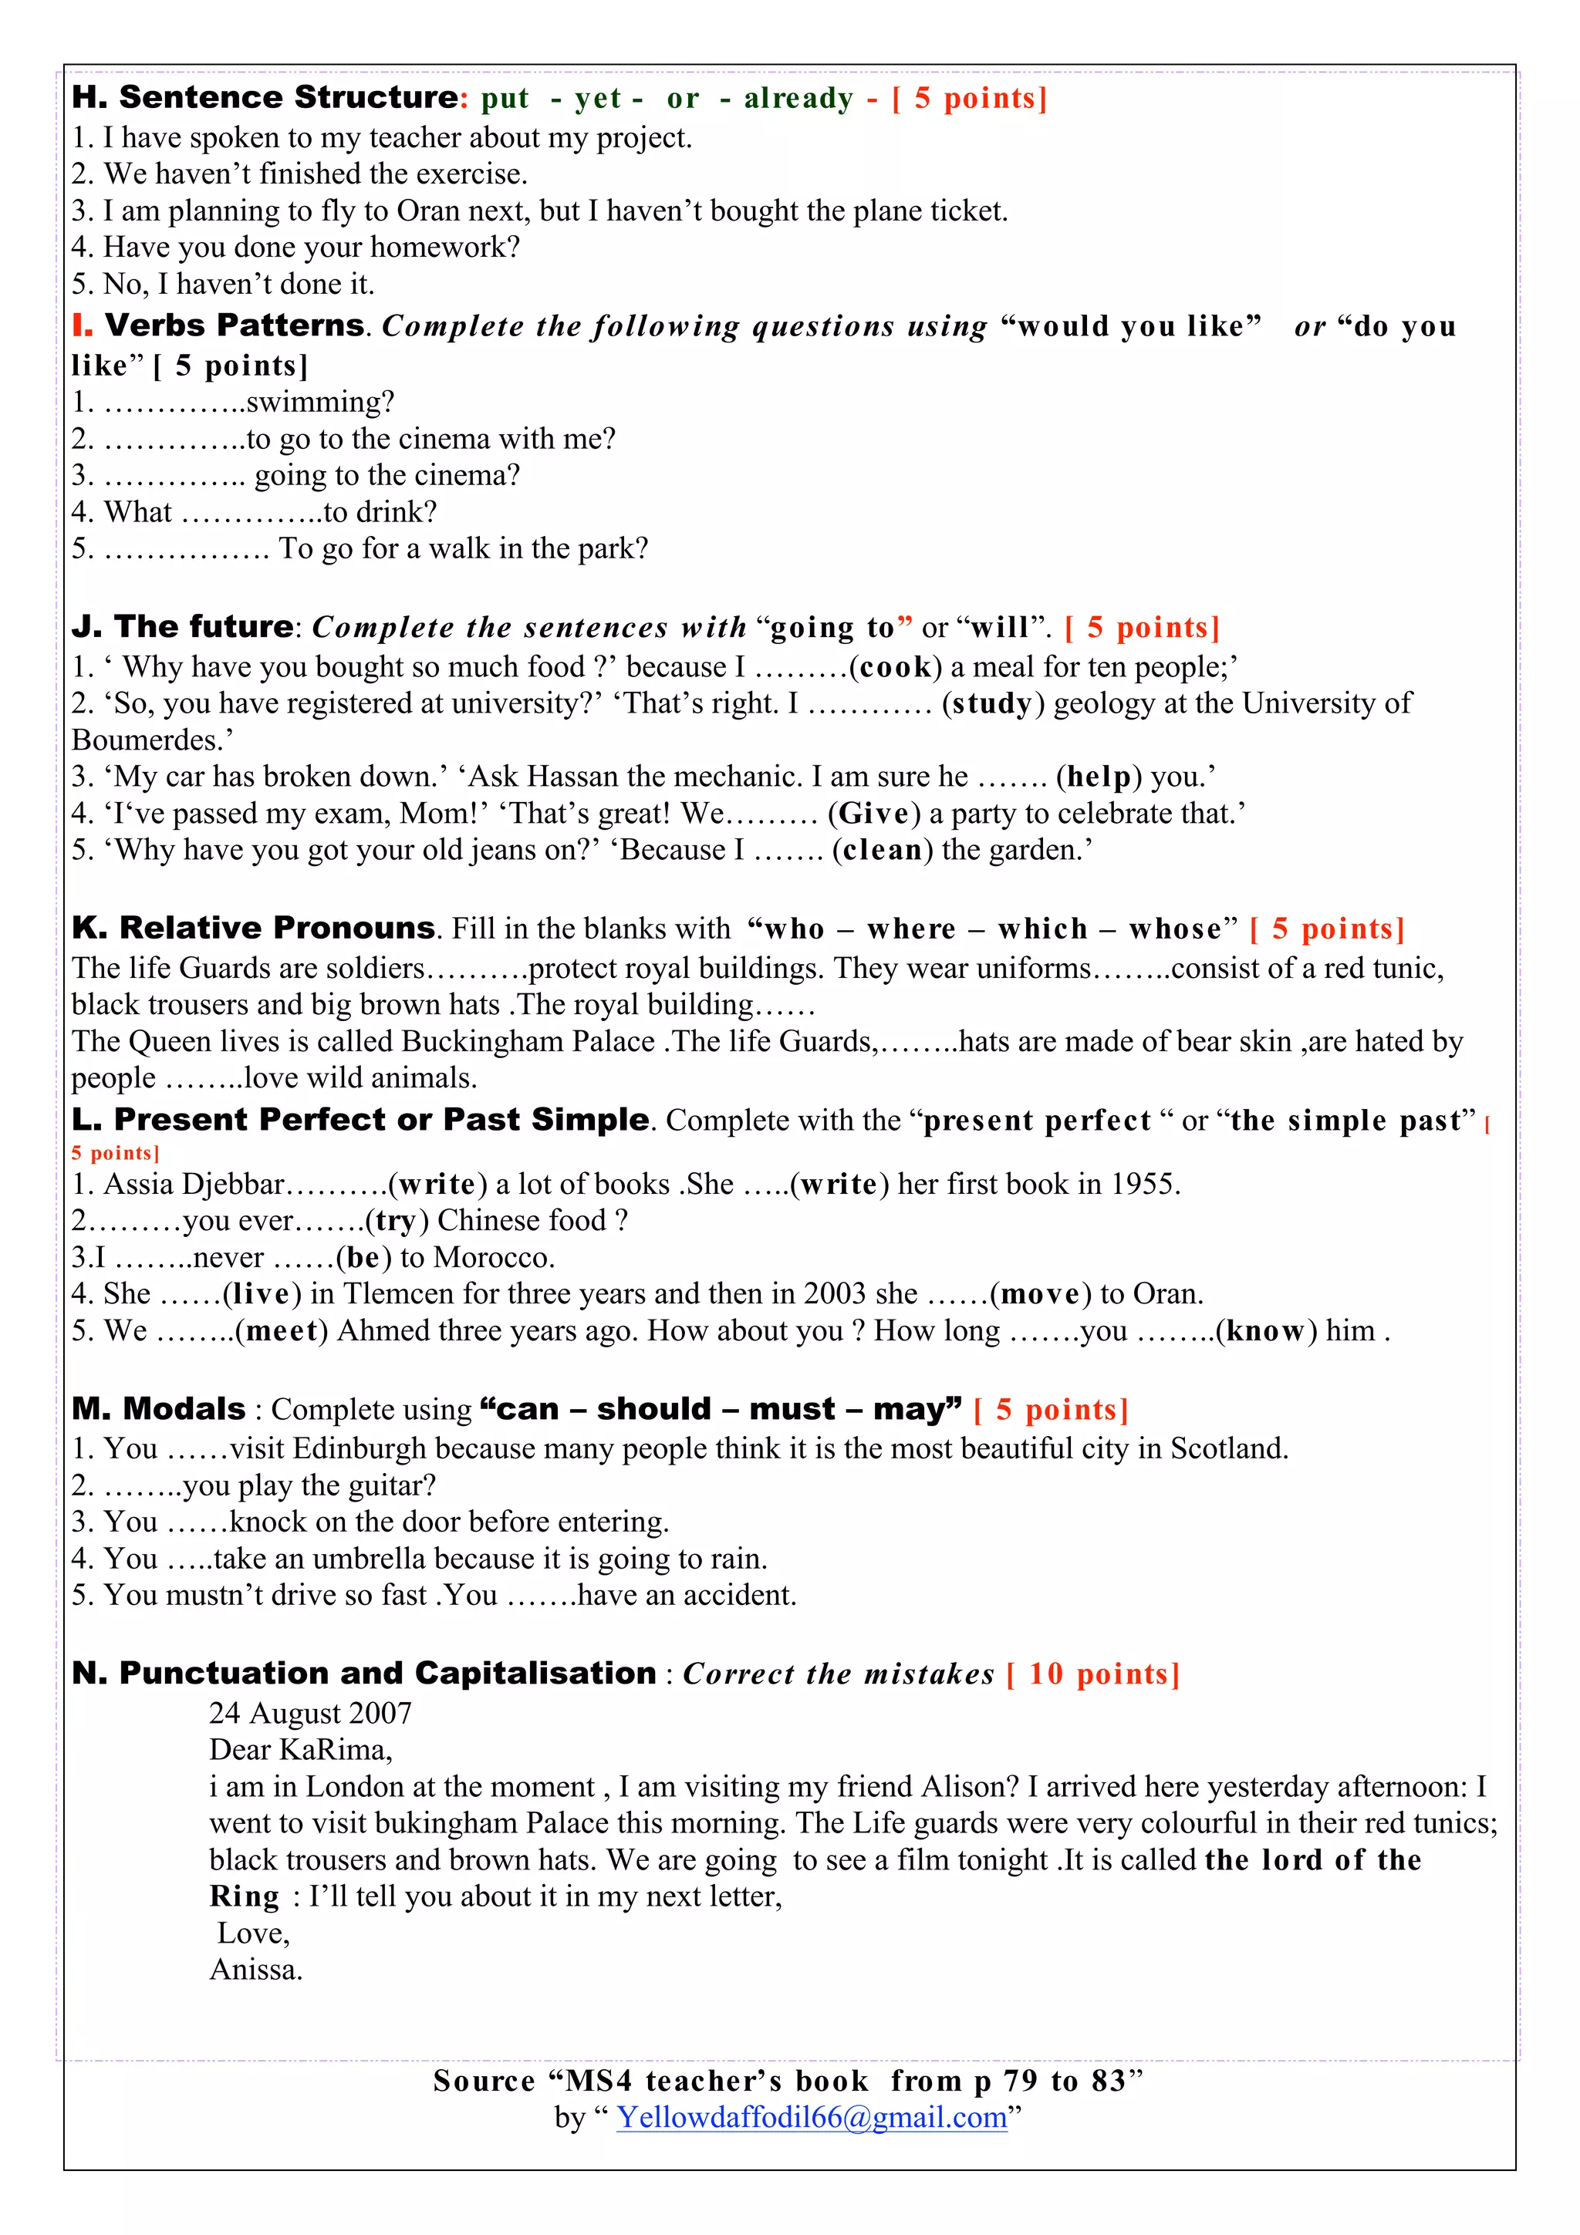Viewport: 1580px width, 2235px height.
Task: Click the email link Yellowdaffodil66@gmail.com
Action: tap(811, 2117)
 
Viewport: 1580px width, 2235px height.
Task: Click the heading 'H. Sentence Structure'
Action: tap(264, 97)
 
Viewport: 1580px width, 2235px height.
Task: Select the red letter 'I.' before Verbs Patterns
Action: tap(83, 325)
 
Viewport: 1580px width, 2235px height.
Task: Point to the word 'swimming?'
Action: tap(320, 402)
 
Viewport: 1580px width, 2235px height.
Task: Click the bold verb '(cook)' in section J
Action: tap(895, 668)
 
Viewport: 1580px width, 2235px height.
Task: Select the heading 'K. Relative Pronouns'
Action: tap(253, 928)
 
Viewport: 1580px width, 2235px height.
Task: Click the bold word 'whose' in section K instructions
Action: tap(1174, 929)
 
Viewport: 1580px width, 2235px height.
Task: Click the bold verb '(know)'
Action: tap(1265, 1332)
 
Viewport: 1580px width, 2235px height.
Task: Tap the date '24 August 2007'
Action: tap(311, 1713)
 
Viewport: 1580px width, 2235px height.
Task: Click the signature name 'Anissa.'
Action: tap(256, 1970)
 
